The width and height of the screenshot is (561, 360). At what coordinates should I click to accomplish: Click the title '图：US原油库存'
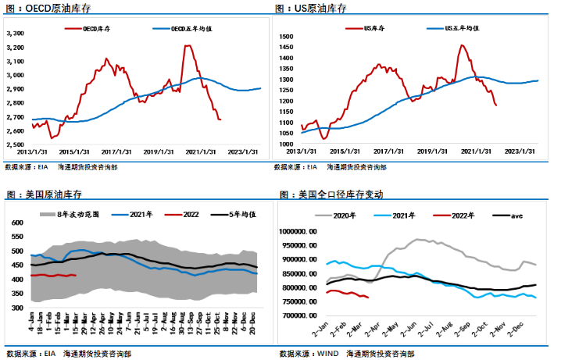click(x=311, y=8)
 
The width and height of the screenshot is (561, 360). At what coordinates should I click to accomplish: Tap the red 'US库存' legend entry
click(x=374, y=28)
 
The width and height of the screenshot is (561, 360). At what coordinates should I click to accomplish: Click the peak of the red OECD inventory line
click(x=188, y=46)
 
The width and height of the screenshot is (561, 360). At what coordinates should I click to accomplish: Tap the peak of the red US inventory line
click(x=462, y=45)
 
